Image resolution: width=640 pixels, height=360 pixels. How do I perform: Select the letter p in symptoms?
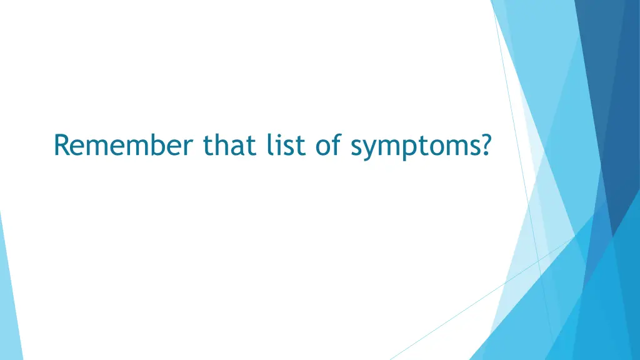[x=412, y=149]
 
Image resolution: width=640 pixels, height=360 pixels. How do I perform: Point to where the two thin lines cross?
[x=539, y=258]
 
